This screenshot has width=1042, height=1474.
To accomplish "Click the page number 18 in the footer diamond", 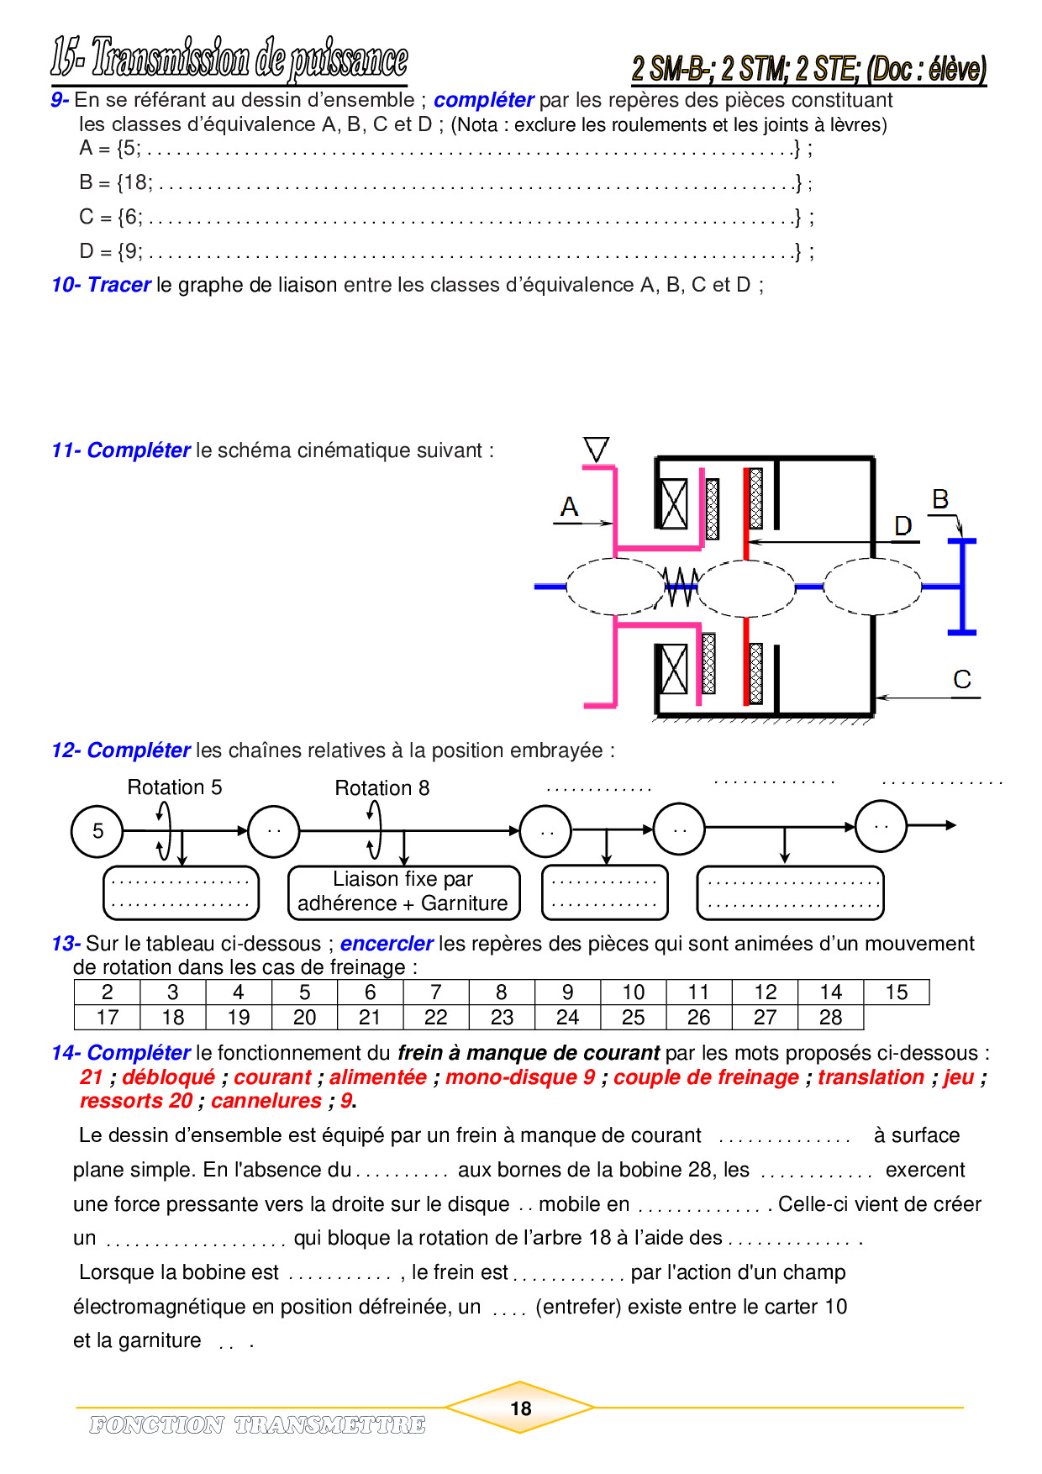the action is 521,1408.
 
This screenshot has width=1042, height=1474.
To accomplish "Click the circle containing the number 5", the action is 97,831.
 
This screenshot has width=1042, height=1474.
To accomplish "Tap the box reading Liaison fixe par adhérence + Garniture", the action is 403,892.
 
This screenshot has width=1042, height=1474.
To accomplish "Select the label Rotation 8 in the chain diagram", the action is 382,788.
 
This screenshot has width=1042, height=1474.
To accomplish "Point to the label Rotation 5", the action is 175,787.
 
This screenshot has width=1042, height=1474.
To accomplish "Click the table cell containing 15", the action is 897,992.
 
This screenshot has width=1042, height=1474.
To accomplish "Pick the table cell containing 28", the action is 830,1018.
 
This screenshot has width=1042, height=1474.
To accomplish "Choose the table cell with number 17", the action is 108,1018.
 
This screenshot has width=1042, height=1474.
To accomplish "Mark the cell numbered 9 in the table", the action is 567,992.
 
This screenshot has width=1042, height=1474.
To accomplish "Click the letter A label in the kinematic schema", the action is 570,507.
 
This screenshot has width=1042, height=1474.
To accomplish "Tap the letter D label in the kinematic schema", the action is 903,526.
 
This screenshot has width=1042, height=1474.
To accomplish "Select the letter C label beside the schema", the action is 962,679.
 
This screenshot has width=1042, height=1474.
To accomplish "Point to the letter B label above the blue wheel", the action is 940,499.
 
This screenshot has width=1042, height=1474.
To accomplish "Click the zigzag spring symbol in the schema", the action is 681,587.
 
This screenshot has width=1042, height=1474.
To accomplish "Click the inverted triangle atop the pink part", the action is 596,450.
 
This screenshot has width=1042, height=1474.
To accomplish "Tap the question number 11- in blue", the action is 66,450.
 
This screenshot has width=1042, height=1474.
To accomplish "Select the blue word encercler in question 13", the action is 387,944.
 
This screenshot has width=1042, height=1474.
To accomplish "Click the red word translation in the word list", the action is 871,1077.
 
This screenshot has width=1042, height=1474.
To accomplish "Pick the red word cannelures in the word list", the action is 266,1101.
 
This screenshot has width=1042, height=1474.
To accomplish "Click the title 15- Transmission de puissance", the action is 229,59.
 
